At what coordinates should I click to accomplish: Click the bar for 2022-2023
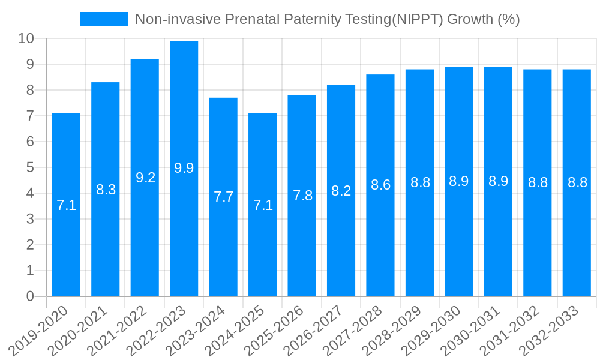[184, 169]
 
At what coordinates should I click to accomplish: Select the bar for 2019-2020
[66, 205]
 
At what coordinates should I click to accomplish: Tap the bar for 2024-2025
[262, 205]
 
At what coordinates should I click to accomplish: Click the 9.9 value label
[184, 168]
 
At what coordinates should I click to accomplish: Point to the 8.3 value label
[106, 190]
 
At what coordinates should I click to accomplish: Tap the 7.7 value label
[223, 197]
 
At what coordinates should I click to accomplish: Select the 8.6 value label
[380, 185]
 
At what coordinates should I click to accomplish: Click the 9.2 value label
[145, 178]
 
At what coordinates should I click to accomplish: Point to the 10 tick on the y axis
[26, 39]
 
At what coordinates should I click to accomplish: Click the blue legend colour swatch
[103, 19]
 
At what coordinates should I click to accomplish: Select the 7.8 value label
[302, 196]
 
